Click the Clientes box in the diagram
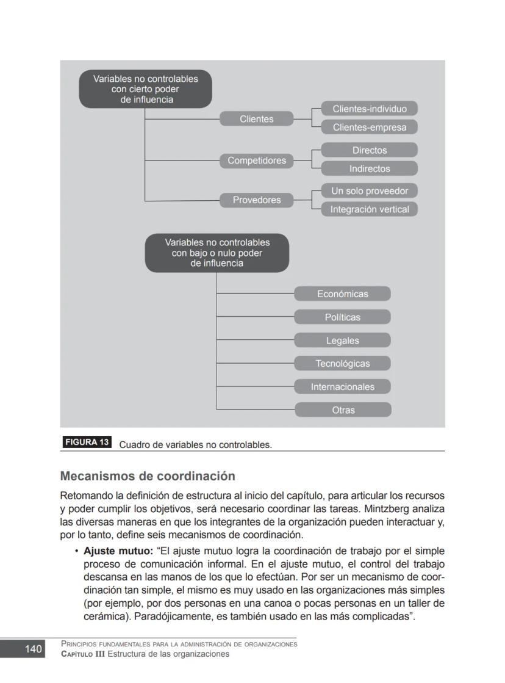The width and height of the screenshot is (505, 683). pyautogui.click(x=256, y=119)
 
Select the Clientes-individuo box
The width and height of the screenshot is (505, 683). pyautogui.click(x=369, y=109)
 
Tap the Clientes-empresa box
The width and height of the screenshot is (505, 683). pyautogui.click(x=369, y=127)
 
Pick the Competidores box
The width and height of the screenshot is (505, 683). pyautogui.click(x=256, y=161)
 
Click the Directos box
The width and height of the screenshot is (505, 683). pyautogui.click(x=369, y=150)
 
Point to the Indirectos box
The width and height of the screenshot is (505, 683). pyautogui.click(x=369, y=168)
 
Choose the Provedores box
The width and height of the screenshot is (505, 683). pyautogui.click(x=256, y=200)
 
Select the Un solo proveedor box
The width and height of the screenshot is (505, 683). pyautogui.click(x=369, y=190)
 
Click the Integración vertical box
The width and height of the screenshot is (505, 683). pyautogui.click(x=369, y=209)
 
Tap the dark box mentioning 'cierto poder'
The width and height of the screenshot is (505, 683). pyautogui.click(x=145, y=89)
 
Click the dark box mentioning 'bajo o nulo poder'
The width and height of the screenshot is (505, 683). pyautogui.click(x=217, y=253)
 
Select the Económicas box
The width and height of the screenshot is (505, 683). pyautogui.click(x=342, y=294)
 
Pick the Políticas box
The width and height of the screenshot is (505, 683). pyautogui.click(x=342, y=317)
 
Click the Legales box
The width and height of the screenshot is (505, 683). pyautogui.click(x=342, y=340)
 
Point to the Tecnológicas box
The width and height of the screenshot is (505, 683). pyautogui.click(x=342, y=363)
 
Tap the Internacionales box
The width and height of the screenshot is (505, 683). pyautogui.click(x=342, y=386)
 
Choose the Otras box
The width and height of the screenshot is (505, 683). pyautogui.click(x=342, y=410)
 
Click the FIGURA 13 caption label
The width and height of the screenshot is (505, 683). pyautogui.click(x=87, y=443)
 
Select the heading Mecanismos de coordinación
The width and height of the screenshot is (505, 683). pyautogui.click(x=147, y=475)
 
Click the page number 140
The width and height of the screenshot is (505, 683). pyautogui.click(x=33, y=649)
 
